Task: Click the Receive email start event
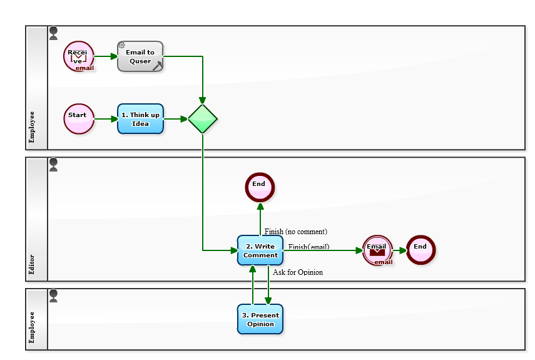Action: tap(79, 56)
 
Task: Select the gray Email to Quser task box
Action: tap(140, 57)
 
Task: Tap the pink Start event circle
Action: tap(79, 119)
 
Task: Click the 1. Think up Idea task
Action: tap(140, 119)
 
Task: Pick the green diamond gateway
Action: tap(203, 119)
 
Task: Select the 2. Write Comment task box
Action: tap(260, 250)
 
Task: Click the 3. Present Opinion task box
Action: tap(260, 319)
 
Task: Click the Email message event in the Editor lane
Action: tap(377, 250)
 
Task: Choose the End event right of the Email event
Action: tap(420, 250)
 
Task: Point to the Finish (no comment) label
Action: tap(295, 232)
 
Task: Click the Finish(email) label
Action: tap(308, 247)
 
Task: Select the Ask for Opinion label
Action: tap(298, 272)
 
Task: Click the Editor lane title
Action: tap(32, 265)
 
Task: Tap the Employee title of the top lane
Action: tap(32, 127)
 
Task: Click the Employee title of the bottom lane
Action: tap(32, 327)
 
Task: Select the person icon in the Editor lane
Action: tap(53, 165)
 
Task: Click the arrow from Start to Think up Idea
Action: tap(105, 119)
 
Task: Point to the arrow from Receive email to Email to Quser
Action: tap(105, 56)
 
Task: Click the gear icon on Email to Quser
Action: tap(122, 46)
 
